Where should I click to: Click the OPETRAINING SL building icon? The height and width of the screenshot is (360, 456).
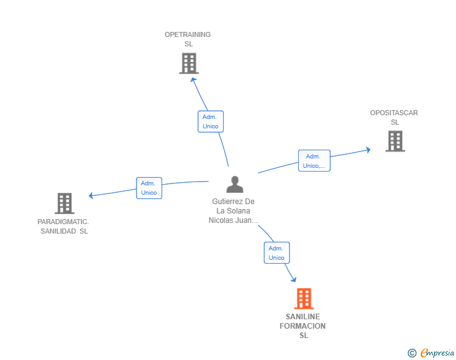(189, 63)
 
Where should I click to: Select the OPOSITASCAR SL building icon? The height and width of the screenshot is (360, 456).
(395, 141)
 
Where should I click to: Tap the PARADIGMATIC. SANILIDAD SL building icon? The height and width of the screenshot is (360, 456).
(65, 203)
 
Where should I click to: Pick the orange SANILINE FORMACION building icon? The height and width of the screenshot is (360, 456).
(304, 299)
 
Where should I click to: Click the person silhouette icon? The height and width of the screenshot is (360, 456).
(235, 184)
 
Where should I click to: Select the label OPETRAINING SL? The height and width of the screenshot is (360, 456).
(188, 39)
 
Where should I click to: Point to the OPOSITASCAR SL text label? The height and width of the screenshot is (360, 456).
(394, 118)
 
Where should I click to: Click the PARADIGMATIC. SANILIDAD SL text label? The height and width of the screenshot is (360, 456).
(63, 226)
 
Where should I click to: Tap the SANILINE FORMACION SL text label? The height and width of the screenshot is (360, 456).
(303, 326)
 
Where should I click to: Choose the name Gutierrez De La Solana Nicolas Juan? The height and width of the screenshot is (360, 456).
(233, 211)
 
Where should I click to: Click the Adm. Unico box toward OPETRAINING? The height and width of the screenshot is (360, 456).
(210, 121)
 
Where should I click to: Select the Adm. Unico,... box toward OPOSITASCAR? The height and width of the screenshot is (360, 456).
(314, 161)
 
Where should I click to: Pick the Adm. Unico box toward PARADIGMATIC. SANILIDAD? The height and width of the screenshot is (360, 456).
(149, 188)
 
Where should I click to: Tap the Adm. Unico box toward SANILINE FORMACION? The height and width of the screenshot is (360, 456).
(277, 253)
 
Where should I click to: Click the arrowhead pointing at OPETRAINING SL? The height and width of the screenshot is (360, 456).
(194, 80)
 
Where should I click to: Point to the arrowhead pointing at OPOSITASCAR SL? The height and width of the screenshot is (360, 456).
(368, 150)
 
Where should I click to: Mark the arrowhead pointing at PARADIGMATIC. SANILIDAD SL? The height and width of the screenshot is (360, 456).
(91, 195)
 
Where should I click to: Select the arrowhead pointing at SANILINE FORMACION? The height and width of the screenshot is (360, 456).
(293, 279)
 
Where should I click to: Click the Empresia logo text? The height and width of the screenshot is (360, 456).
(437, 352)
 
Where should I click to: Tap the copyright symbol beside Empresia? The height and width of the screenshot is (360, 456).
(412, 353)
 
